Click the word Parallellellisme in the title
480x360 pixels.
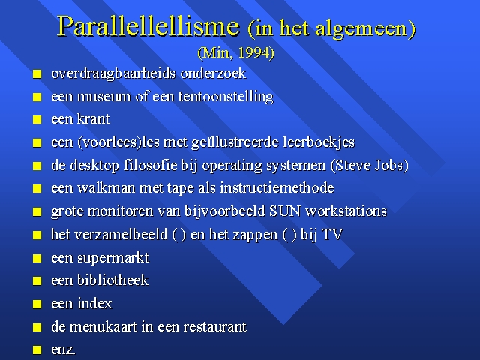pos(148,27)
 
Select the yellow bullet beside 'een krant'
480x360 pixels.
pos(37,120)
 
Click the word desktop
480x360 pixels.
pos(94,166)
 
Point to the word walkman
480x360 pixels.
pos(106,188)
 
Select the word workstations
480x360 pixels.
pos(346,211)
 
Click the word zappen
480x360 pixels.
pos(255,235)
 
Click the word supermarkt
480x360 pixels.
pos(113,258)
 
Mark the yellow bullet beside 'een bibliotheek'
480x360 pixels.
pos(37,281)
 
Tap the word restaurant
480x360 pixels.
pos(214,327)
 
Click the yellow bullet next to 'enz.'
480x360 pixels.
pos(37,350)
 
